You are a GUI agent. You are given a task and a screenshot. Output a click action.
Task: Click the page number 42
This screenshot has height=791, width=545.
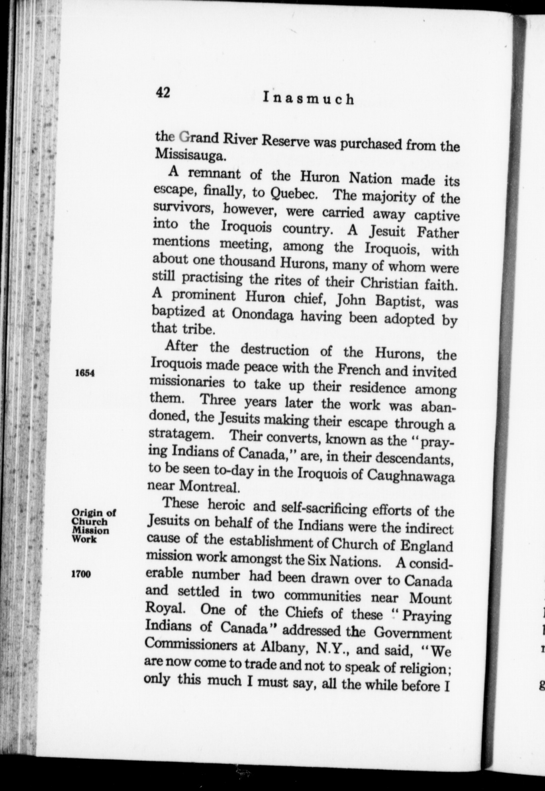pyautogui.click(x=163, y=92)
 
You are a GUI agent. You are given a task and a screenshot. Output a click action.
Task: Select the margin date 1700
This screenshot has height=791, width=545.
pyautogui.click(x=81, y=574)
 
